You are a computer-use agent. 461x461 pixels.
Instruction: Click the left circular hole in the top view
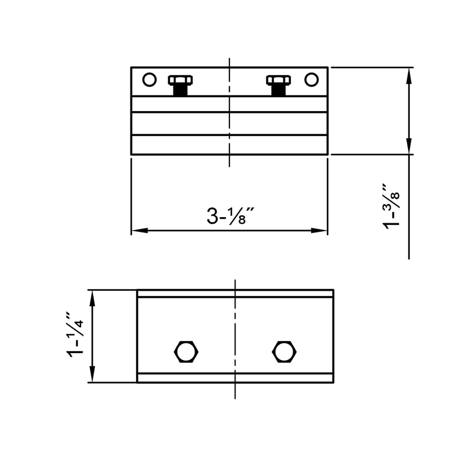[149, 80]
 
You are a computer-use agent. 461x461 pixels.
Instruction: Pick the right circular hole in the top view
[311, 80]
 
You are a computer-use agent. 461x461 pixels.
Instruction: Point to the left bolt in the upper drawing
[180, 85]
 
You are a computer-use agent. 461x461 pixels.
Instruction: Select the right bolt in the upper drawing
[278, 85]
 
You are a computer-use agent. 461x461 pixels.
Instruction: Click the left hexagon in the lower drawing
[186, 351]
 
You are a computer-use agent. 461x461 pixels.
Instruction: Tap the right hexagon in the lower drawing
[284, 351]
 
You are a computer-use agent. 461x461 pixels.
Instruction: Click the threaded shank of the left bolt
[180, 90]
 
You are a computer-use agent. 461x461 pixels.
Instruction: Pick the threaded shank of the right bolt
[278, 90]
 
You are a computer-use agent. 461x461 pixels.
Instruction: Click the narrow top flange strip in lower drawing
[235, 294]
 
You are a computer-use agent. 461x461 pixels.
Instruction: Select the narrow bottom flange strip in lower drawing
[235, 378]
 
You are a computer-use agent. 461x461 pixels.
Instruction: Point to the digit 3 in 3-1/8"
[212, 216]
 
